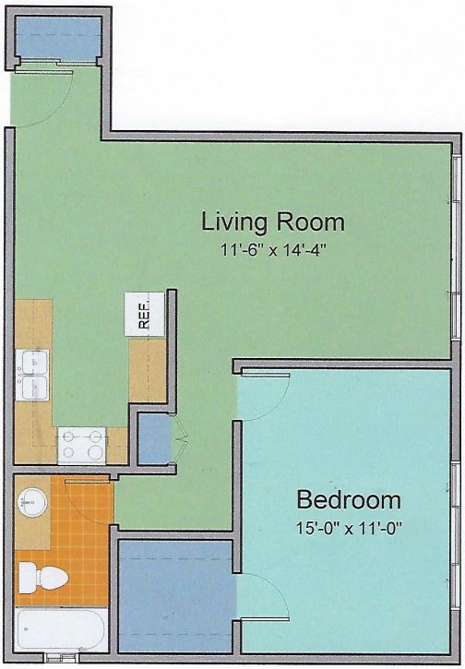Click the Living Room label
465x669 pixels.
272,221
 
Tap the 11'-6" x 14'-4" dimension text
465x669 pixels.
273,249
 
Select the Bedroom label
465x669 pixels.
349,499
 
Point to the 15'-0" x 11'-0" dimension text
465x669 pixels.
350,529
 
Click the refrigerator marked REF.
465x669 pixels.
145,314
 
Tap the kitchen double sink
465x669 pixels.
32,375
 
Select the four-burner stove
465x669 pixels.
81,446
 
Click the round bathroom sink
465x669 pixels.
32,502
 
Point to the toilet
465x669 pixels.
42,578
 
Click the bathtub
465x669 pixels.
61,629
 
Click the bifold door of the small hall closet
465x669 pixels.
180,438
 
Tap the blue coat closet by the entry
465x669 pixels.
58,38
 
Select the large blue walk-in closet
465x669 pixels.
176,595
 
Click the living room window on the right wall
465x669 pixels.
457,248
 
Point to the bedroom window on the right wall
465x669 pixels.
457,538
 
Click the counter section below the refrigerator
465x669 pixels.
148,370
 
